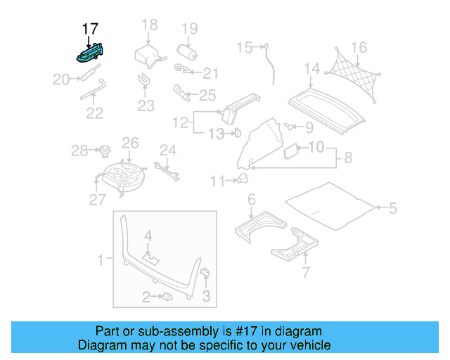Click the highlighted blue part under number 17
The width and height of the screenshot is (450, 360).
89,51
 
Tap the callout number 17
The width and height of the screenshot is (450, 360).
90,29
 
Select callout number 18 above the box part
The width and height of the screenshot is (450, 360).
150,25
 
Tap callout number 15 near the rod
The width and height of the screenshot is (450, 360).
243,48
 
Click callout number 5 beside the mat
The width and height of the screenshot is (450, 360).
392,207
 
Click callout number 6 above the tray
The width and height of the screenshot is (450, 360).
252,200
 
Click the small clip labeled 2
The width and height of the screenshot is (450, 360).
168,297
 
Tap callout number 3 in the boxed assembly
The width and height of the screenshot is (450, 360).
206,296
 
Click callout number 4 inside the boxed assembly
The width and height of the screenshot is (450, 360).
148,235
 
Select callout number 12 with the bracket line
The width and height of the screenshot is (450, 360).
181,122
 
